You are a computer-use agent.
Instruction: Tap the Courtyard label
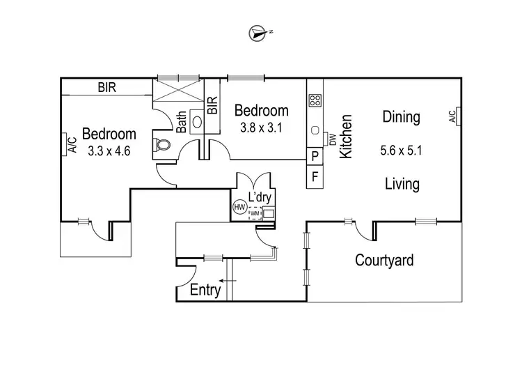(x=384, y=261)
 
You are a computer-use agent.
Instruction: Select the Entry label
(x=205, y=290)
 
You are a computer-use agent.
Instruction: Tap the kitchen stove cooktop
(x=315, y=100)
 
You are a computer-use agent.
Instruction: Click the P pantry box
(x=315, y=156)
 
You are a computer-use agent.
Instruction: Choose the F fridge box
(x=315, y=177)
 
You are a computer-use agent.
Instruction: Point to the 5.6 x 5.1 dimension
(x=401, y=149)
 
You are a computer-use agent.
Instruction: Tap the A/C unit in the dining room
(x=452, y=116)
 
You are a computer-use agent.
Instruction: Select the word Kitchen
(x=346, y=137)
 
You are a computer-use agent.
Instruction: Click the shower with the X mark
(x=177, y=93)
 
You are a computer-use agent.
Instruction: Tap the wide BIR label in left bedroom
(x=106, y=87)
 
